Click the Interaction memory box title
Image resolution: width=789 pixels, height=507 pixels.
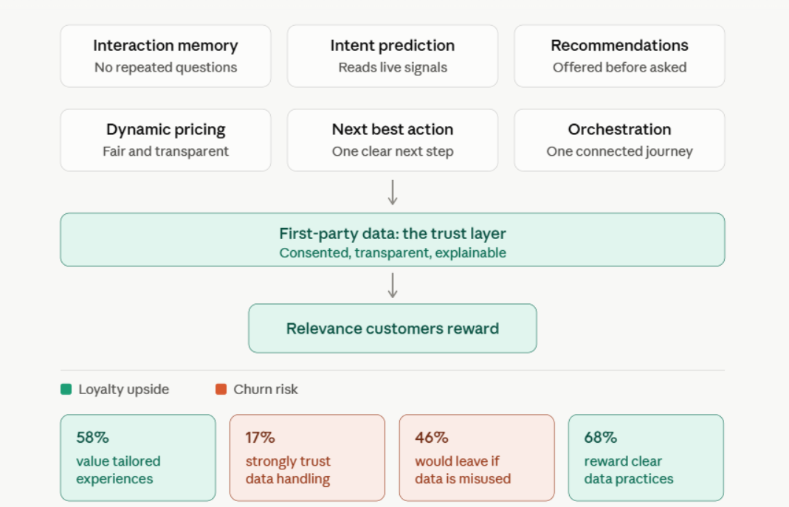[x=165, y=46]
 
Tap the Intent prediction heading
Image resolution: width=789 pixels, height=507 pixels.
[x=393, y=46]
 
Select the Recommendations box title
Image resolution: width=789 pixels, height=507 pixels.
[x=619, y=45]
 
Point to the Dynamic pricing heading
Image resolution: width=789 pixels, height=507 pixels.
[x=165, y=130]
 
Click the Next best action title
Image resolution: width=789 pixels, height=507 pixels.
[x=393, y=129]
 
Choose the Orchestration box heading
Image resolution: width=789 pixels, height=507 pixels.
[x=619, y=129]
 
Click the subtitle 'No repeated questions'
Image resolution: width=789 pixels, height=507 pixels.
[x=165, y=67]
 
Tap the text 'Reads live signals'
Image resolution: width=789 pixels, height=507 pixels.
[x=393, y=67]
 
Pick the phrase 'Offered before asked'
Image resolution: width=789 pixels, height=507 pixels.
[x=619, y=67]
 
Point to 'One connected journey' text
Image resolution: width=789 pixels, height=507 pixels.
[x=619, y=151]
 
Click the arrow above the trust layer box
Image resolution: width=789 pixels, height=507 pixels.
[x=393, y=193]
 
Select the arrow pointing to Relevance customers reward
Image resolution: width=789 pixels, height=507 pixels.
[x=393, y=286]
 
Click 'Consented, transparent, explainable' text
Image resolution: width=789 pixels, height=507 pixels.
[x=393, y=252]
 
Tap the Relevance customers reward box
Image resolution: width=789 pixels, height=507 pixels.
[x=393, y=328]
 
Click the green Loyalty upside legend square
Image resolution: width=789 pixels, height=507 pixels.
[x=66, y=390]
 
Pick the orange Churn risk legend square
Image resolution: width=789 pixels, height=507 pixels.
[x=221, y=390]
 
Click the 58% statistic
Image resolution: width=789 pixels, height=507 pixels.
[x=92, y=438]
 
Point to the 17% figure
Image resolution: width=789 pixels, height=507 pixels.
[x=260, y=438]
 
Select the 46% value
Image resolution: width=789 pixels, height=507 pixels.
[x=432, y=438]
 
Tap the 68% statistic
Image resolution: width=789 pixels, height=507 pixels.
[x=601, y=438]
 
